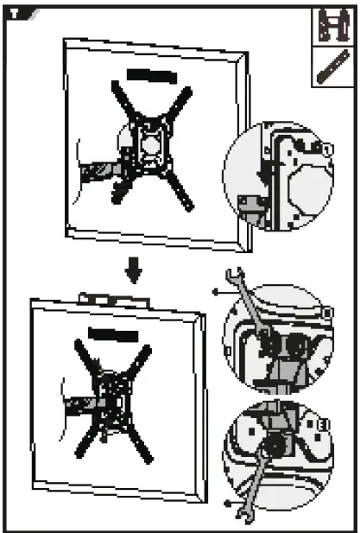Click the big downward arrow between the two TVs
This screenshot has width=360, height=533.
132,271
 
